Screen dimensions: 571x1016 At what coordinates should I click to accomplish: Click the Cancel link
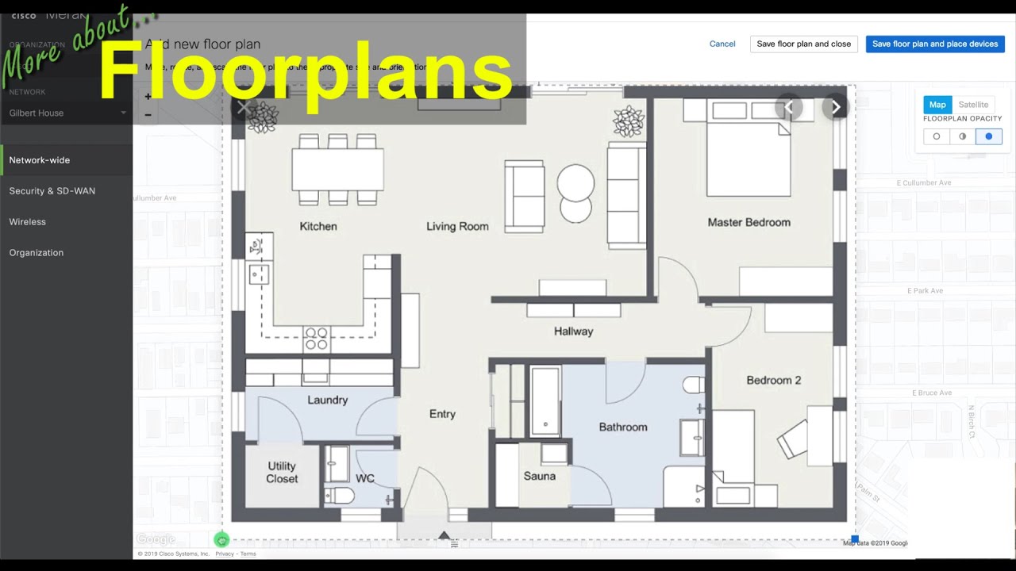tap(722, 44)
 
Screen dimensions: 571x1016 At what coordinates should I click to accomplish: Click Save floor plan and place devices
tap(934, 44)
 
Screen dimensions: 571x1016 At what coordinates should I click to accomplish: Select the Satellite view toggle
tap(973, 105)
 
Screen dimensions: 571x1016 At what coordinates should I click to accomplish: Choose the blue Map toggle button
tap(937, 105)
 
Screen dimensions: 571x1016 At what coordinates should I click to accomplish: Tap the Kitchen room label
tap(317, 227)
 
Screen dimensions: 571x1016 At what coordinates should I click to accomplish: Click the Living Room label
tap(457, 227)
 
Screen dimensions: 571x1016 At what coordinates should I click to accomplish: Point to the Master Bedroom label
tap(749, 223)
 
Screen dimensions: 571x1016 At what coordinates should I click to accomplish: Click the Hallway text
tap(573, 331)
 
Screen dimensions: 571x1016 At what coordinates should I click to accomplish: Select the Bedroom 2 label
tap(773, 381)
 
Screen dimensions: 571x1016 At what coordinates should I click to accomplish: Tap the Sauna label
tap(539, 477)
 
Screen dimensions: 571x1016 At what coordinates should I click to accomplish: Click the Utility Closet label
tap(282, 473)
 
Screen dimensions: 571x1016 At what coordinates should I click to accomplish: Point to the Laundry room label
tap(327, 400)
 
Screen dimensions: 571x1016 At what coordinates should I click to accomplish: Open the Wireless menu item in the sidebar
tap(28, 222)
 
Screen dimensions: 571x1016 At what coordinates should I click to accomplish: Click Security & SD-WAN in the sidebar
tap(52, 191)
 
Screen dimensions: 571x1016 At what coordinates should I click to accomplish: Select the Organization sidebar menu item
tap(37, 253)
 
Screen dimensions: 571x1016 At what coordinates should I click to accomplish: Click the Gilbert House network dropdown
tap(67, 113)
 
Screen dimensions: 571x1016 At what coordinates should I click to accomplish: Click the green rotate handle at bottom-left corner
tap(221, 540)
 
